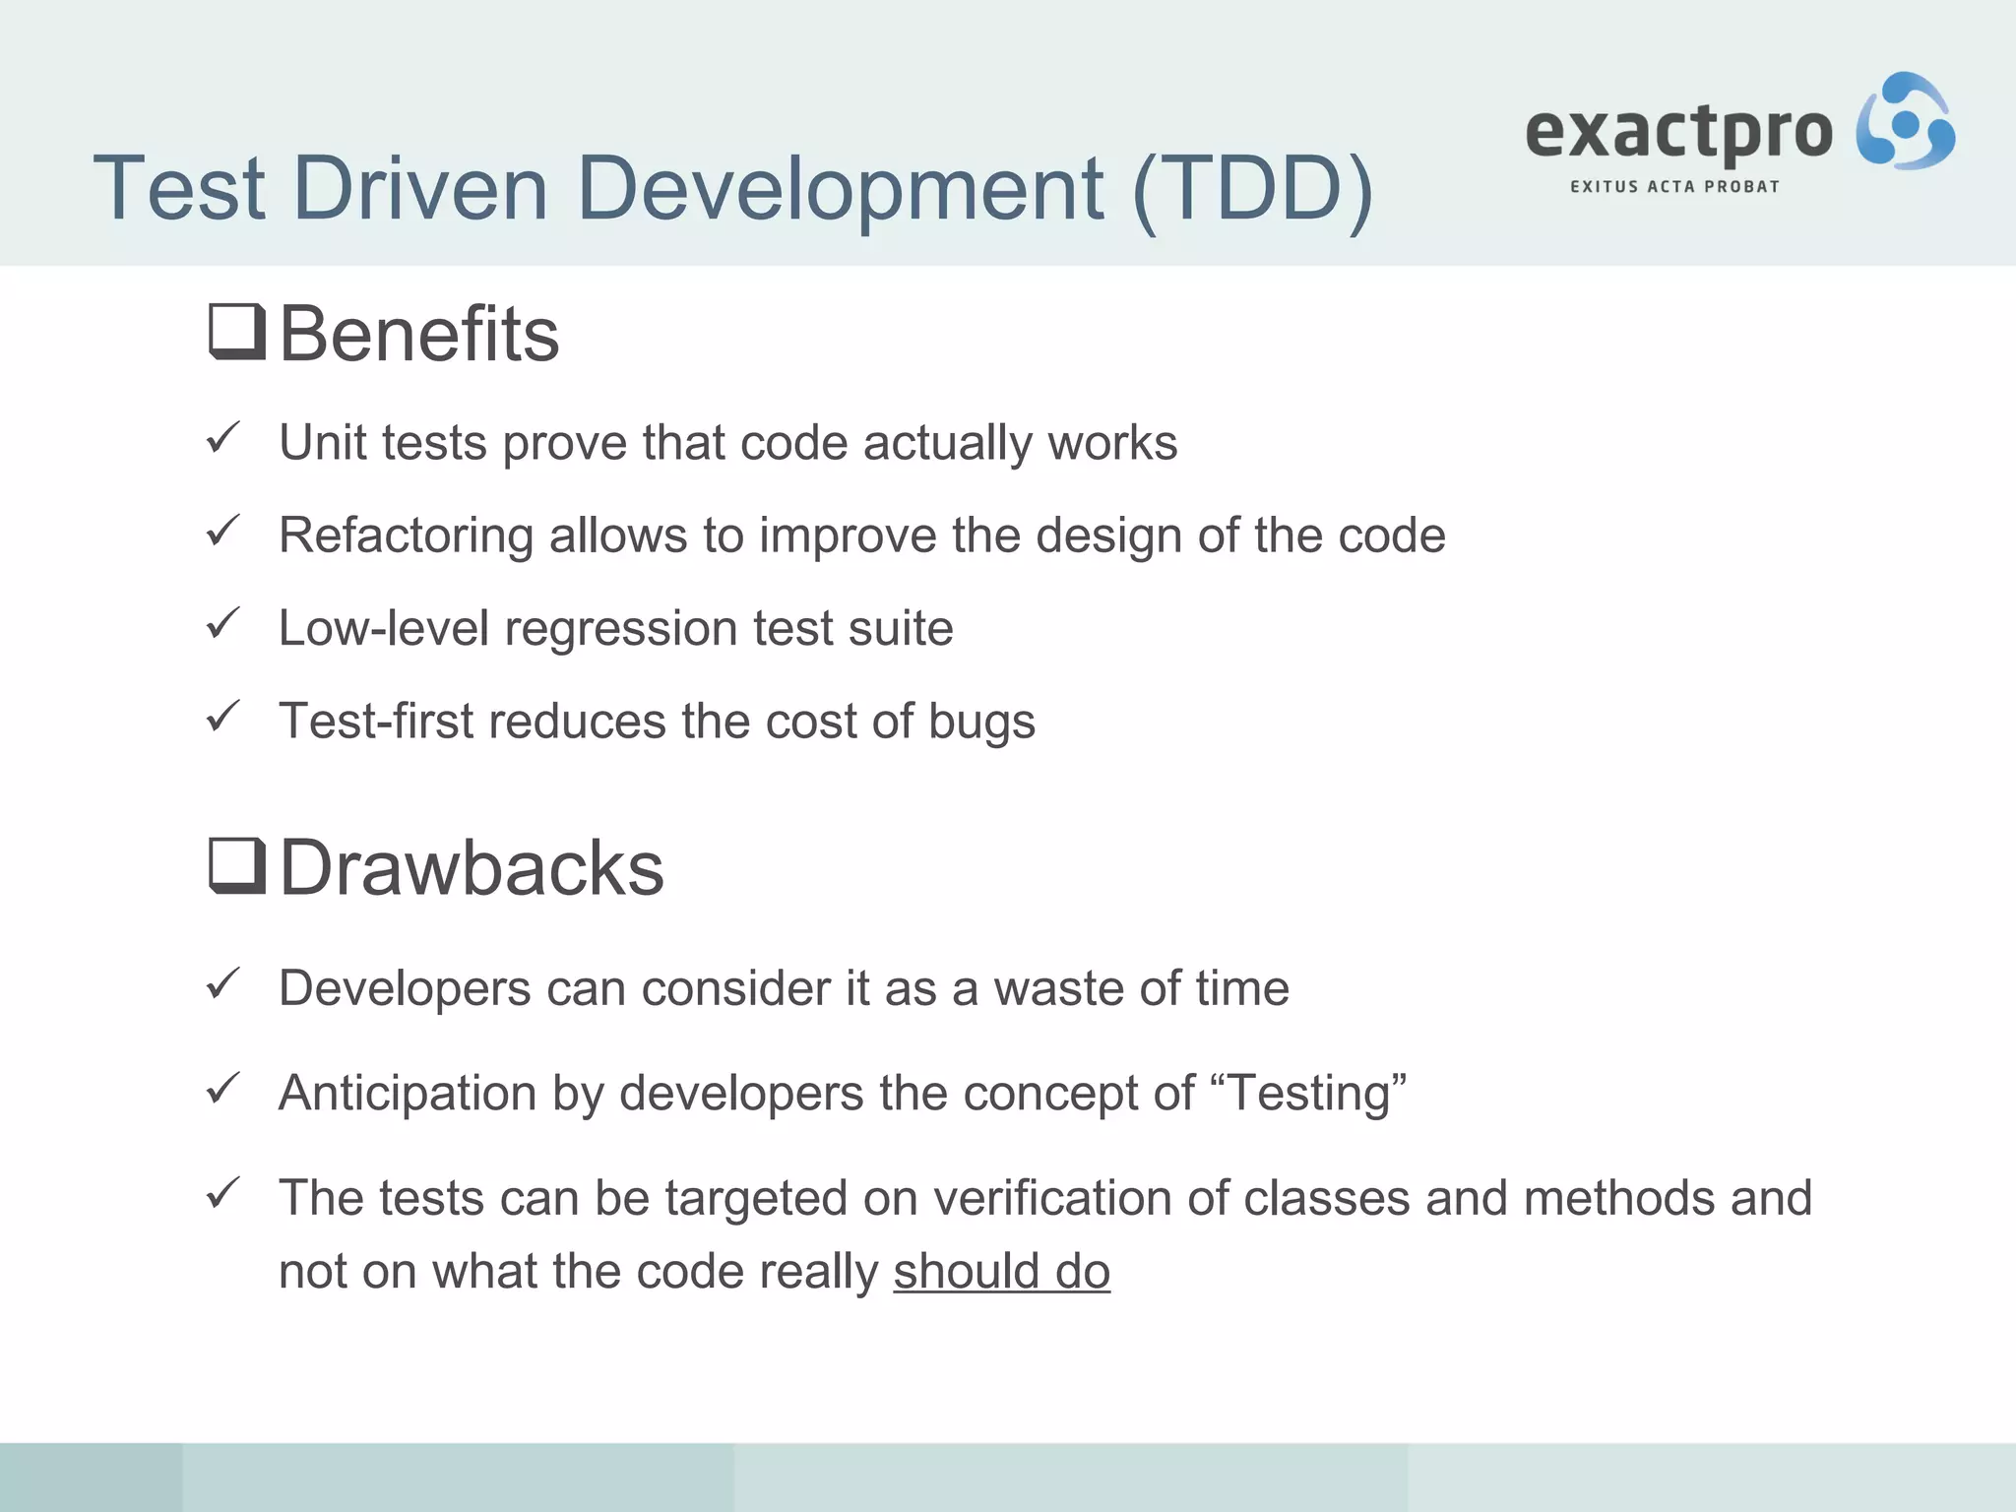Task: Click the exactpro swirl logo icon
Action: [1905, 121]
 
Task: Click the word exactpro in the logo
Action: [1678, 132]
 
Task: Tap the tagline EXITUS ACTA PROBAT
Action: [1674, 187]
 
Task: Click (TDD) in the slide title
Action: [1252, 189]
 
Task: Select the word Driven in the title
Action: [420, 189]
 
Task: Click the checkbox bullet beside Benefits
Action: [237, 333]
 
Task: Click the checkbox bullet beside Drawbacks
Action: [237, 866]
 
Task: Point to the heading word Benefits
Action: [419, 335]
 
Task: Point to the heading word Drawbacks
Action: [472, 868]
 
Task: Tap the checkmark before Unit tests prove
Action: [223, 438]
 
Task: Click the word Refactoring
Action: [406, 536]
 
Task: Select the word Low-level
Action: [383, 629]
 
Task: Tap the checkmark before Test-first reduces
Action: [223, 717]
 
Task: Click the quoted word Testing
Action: [1313, 1094]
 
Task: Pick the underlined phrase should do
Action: [1001, 1272]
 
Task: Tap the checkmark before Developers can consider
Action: [223, 983]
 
